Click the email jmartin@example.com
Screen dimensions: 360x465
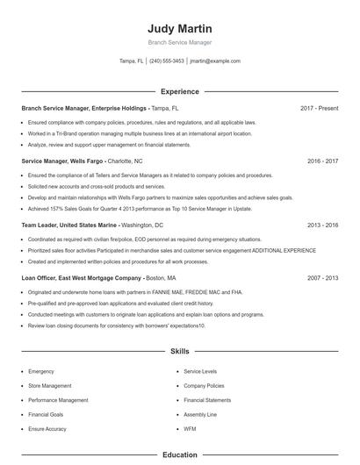click(214, 61)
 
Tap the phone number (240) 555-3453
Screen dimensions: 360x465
click(167, 61)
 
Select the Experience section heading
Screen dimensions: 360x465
click(179, 91)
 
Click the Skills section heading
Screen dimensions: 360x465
click(179, 352)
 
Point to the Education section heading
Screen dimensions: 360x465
click(179, 455)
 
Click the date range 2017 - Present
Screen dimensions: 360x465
click(319, 108)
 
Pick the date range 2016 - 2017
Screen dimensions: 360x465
click(322, 161)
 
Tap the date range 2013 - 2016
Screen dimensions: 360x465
click(322, 225)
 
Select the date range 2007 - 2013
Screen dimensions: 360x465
click(322, 277)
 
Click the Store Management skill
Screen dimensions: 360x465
click(50, 385)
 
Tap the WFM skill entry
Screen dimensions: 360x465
click(190, 428)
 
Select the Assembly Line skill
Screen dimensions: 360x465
click(200, 414)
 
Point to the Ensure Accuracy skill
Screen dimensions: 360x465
click(47, 428)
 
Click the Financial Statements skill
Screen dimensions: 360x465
click(206, 400)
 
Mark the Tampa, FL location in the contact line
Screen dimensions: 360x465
click(132, 61)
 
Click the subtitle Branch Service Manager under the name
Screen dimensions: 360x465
click(179, 42)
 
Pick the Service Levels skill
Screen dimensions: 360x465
click(201, 371)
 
